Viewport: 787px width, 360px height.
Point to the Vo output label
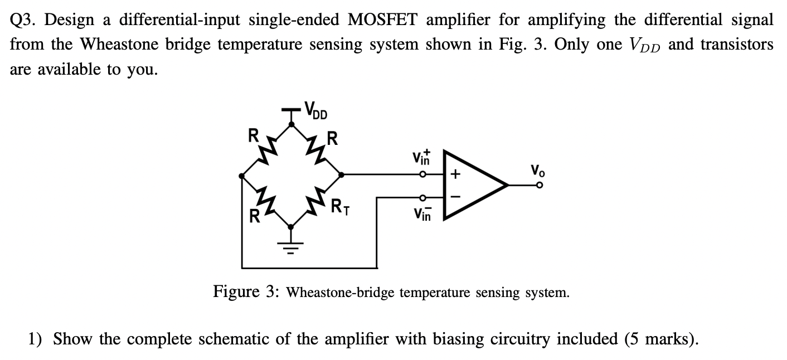click(537, 169)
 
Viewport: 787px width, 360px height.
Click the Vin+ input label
click(421, 158)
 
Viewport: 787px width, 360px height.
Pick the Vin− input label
click(422, 213)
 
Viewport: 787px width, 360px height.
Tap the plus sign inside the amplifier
click(455, 174)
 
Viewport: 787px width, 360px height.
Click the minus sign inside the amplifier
click(455, 196)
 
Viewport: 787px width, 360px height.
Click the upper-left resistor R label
click(253, 134)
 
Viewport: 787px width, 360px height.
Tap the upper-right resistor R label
click(332, 138)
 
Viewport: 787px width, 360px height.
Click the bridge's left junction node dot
click(241, 176)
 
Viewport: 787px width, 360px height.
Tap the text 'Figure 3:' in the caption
click(245, 291)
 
